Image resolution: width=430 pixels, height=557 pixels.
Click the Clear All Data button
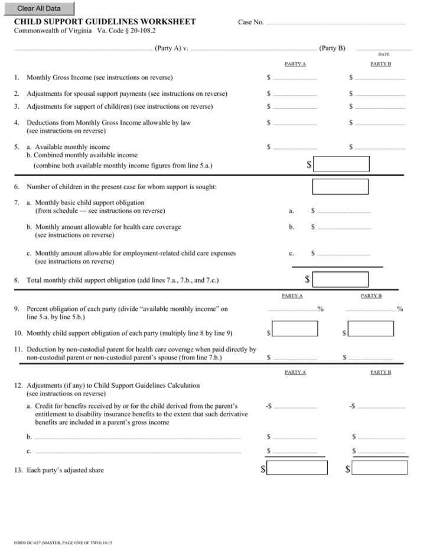(x=38, y=8)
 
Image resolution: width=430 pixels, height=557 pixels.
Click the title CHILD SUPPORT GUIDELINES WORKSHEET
(x=105, y=22)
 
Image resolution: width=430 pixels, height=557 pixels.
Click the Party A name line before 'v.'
(x=83, y=49)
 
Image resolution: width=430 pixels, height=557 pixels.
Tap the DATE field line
(x=380, y=49)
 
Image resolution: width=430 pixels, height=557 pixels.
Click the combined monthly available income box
(x=341, y=164)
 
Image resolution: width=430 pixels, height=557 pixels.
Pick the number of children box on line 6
(x=340, y=187)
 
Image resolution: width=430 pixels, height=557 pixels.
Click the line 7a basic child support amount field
(x=344, y=211)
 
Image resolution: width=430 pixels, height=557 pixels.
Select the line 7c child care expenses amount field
(x=344, y=254)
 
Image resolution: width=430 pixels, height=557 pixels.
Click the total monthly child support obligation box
(x=341, y=279)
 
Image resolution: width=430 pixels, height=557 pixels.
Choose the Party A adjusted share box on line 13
(x=298, y=468)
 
